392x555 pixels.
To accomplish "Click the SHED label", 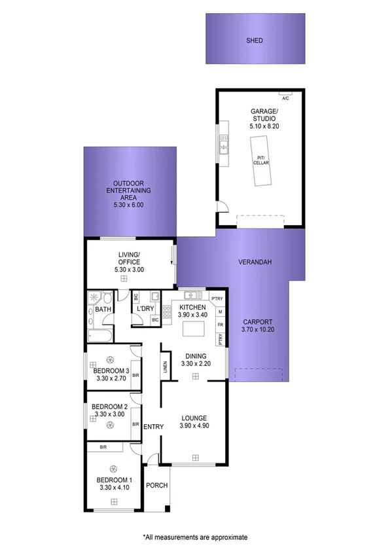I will coord(255,41).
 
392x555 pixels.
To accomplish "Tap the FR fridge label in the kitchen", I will coord(221,325).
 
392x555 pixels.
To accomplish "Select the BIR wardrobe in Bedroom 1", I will coord(104,447).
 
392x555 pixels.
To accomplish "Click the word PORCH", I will coord(157,485).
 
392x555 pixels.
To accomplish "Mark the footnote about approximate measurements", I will coord(196,537).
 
